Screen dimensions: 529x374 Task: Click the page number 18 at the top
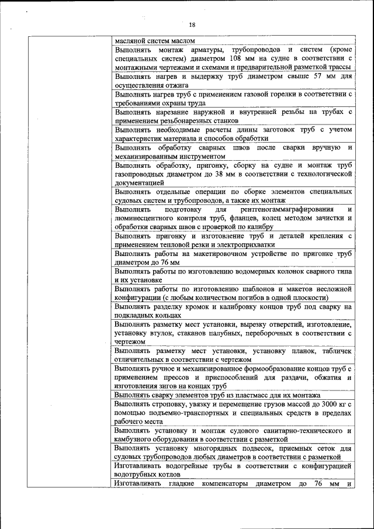(192, 24)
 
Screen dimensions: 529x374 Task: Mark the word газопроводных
(139, 174)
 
